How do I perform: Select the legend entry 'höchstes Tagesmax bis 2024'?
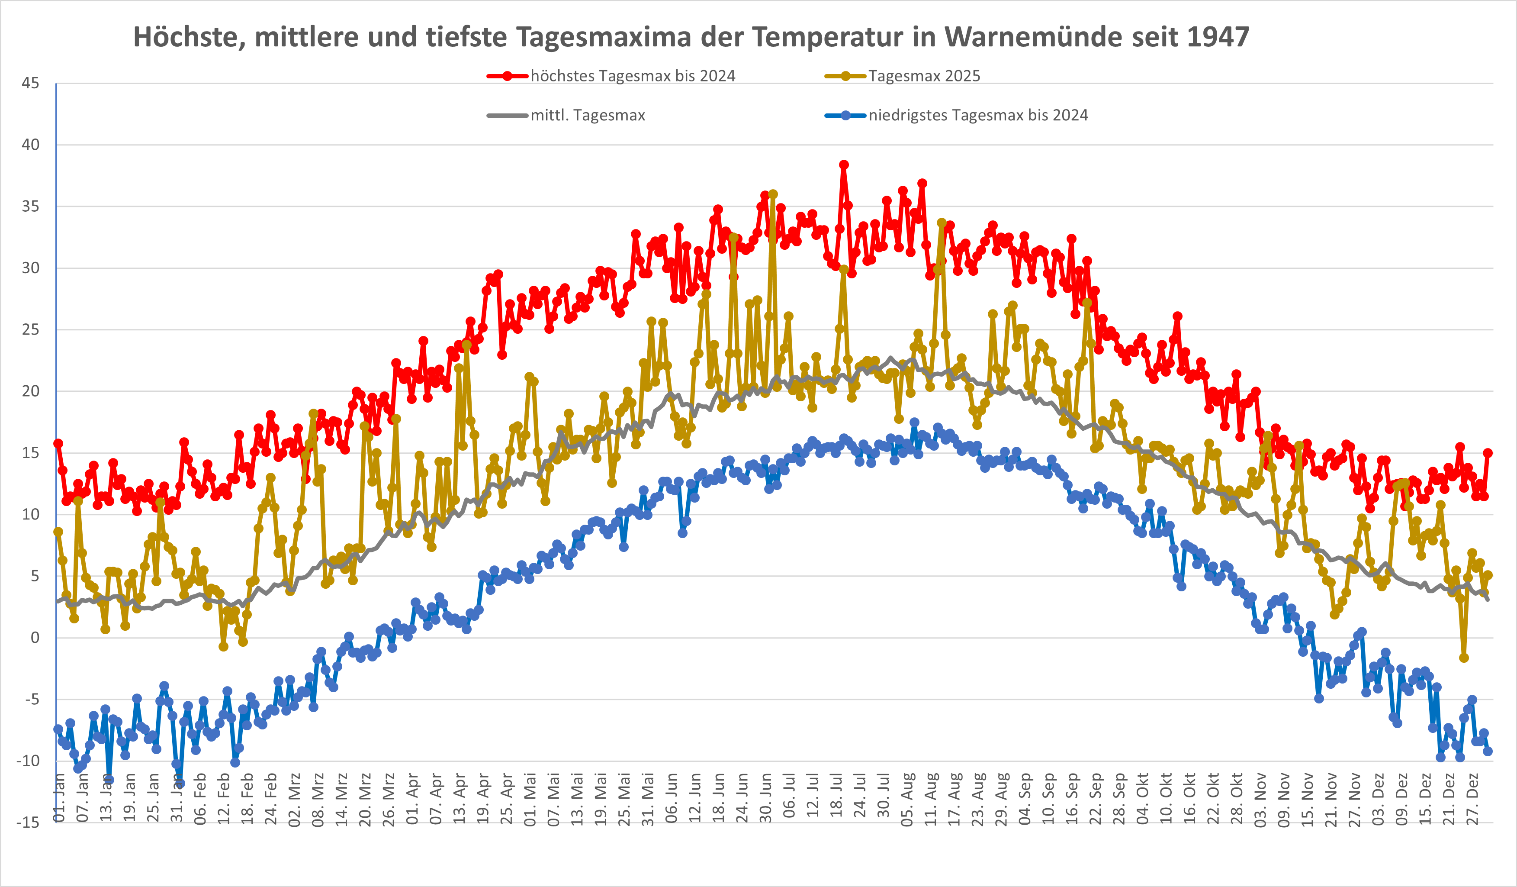pyautogui.click(x=632, y=76)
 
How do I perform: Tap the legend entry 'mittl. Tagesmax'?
pyautogui.click(x=588, y=115)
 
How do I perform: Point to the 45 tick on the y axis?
pyautogui.click(x=30, y=83)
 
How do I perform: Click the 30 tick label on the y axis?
pyautogui.click(x=30, y=268)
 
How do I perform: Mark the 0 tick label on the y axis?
pyautogui.click(x=35, y=638)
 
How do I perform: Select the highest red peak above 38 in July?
pyautogui.click(x=844, y=165)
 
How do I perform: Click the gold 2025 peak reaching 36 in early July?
pyautogui.click(x=773, y=194)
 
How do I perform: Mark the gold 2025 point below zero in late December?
pyautogui.click(x=1464, y=658)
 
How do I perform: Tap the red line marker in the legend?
pyautogui.click(x=508, y=76)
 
